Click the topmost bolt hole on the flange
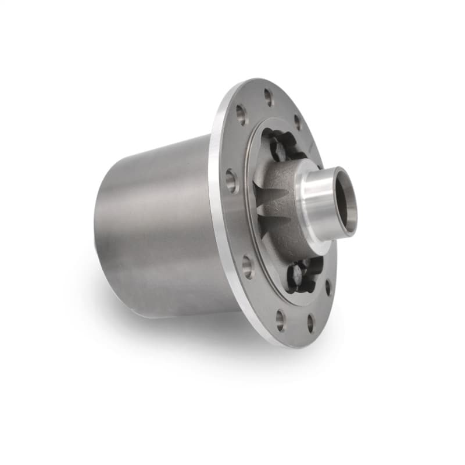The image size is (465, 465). click(269, 97)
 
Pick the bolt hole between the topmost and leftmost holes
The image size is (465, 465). click(241, 114)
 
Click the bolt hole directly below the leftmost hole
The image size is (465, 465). click(248, 266)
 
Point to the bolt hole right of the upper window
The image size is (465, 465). click(298, 122)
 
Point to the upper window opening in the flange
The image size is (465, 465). click(279, 145)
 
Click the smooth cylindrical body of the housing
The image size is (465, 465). click(157, 227)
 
